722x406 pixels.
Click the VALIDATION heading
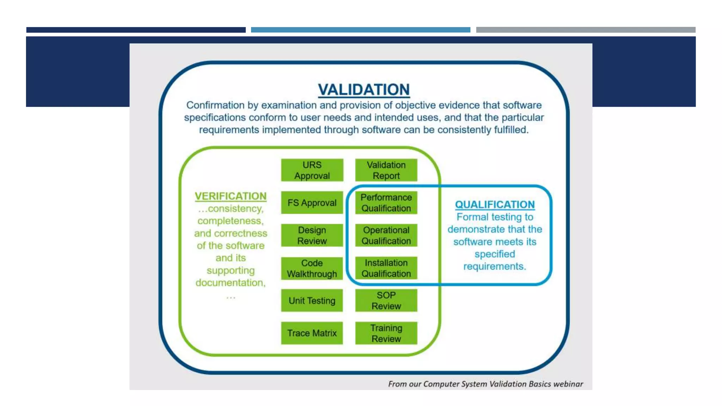click(363, 90)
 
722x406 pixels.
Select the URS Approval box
click(312, 170)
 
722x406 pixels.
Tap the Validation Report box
click(386, 170)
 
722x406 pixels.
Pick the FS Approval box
click(312, 203)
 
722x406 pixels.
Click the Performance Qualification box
click(386, 203)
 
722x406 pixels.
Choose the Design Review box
click(312, 235)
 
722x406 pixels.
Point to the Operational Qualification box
click(386, 235)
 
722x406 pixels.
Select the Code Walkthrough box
click(312, 268)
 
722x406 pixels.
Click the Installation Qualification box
click(386, 268)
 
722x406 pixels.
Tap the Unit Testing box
click(312, 301)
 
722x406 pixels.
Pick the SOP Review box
click(386, 301)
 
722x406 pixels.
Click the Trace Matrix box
click(312, 333)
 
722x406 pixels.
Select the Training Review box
click(386, 333)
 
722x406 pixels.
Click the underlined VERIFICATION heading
click(231, 196)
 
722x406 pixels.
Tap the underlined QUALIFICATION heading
click(495, 204)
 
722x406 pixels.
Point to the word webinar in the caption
click(568, 384)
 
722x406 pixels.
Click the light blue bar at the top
click(360, 30)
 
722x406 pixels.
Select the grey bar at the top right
click(586, 30)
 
